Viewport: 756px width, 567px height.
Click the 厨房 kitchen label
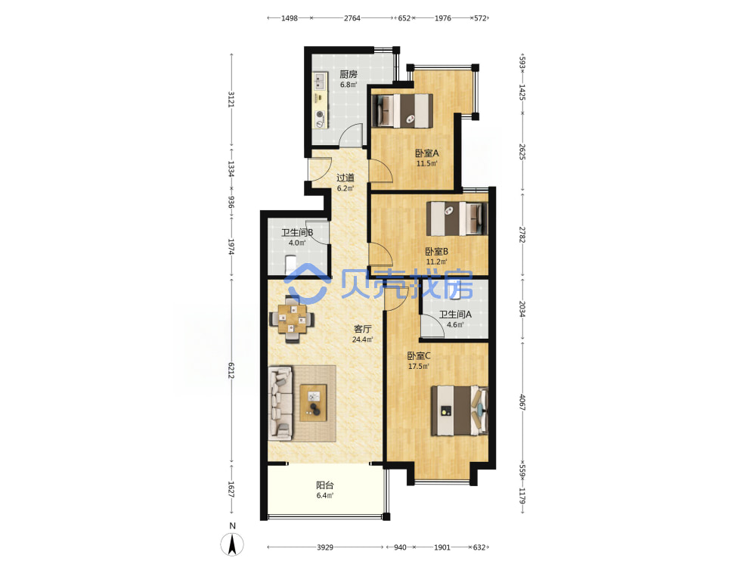(x=348, y=74)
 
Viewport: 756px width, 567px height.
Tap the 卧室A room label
(x=427, y=153)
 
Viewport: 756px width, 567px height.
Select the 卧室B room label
(x=437, y=252)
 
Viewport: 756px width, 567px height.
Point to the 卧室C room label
(x=419, y=356)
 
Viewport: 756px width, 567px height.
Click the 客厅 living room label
(x=363, y=329)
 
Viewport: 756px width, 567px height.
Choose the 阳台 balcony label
(x=325, y=485)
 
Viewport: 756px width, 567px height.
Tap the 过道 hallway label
(x=345, y=178)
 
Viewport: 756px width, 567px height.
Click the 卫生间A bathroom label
(x=455, y=314)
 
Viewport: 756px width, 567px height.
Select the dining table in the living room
(x=292, y=319)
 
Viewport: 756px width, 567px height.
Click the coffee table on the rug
(x=314, y=403)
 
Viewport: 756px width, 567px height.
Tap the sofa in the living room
(x=280, y=403)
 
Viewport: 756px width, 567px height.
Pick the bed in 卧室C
(x=460, y=411)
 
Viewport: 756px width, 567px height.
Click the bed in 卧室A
(x=401, y=110)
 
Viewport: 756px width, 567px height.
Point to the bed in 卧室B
(x=457, y=218)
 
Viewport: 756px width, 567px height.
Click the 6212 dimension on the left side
(x=231, y=370)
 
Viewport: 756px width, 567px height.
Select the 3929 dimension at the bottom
(x=325, y=547)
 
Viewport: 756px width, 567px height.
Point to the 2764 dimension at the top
(x=352, y=18)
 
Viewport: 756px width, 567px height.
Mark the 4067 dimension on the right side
(x=522, y=402)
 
